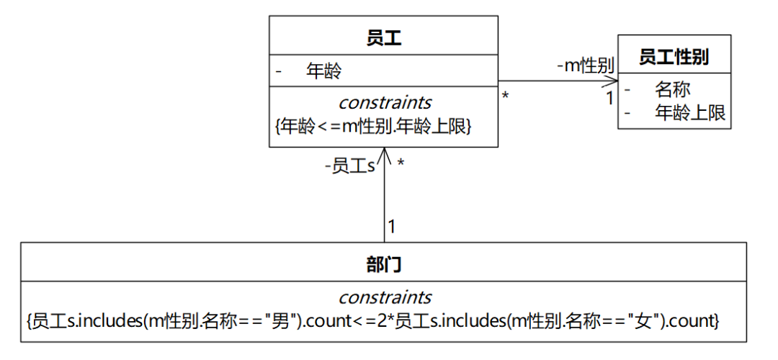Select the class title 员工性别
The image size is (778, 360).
pyautogui.click(x=674, y=57)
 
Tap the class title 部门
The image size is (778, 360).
pyautogui.click(x=383, y=264)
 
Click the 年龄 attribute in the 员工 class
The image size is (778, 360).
pyautogui.click(x=323, y=71)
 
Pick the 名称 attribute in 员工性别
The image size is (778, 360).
pyautogui.click(x=672, y=89)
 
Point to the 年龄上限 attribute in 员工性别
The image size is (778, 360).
pyautogui.click(x=689, y=112)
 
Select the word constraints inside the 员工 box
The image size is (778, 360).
pyautogui.click(x=385, y=103)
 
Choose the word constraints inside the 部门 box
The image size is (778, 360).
pyautogui.click(x=385, y=297)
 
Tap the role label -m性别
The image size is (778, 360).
pyautogui.click(x=585, y=66)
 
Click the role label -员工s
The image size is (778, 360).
pyautogui.click(x=350, y=166)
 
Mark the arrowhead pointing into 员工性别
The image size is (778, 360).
pyautogui.click(x=612, y=81)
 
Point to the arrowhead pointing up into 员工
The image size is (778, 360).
pyautogui.click(x=385, y=153)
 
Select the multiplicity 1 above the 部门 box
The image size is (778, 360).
pyautogui.click(x=392, y=227)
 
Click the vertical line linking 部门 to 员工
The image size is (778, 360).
pyautogui.click(x=385, y=202)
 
